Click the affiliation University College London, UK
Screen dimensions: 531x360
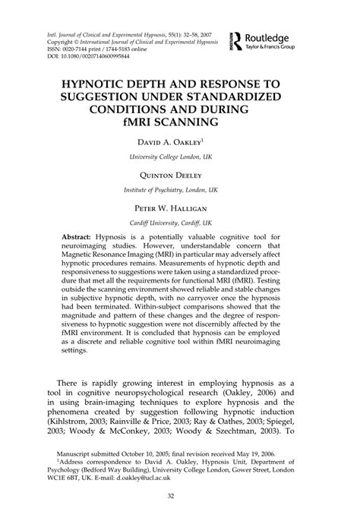pos(180,157)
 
